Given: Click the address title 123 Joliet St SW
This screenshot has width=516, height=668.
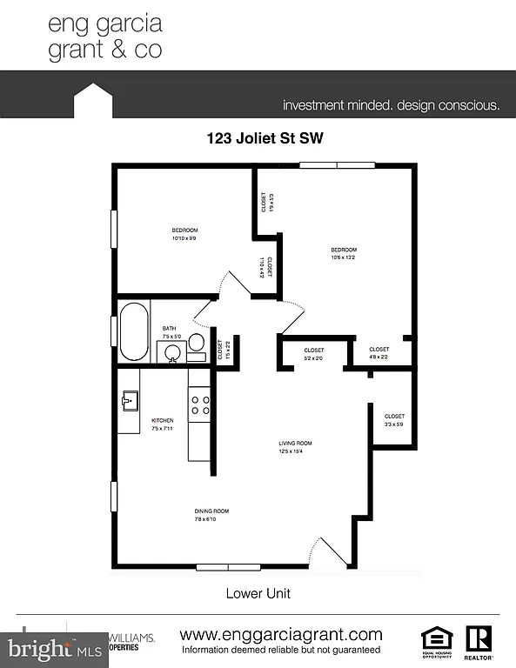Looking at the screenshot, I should coord(258,137).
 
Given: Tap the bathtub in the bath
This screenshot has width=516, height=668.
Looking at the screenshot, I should coord(135,331).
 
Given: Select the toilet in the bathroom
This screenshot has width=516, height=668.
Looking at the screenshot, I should coord(197,342).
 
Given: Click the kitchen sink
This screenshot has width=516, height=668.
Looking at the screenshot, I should coord(131,401).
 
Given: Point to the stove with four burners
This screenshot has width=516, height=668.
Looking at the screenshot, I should coord(199,404).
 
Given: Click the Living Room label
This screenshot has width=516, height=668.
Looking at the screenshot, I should coord(295,447).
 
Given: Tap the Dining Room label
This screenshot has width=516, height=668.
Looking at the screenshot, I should coord(211,515).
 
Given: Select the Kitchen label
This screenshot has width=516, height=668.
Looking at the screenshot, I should coord(163,424).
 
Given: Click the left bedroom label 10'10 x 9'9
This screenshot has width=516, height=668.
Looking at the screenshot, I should coord(184,233).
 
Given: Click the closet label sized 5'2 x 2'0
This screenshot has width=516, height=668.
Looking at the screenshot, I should coord(313,354).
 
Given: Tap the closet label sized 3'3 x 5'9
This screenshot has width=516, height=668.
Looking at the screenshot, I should coord(394,420).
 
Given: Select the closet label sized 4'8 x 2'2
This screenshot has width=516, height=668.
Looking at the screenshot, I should coord(379,354).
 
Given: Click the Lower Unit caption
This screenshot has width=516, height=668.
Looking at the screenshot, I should coord(258,594).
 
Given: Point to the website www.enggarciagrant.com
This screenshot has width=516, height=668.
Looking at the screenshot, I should coord(280,634).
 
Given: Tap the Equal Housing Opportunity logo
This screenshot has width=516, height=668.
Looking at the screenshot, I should coord(437,640).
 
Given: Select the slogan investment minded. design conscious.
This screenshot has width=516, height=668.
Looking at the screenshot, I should coord(391,106).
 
